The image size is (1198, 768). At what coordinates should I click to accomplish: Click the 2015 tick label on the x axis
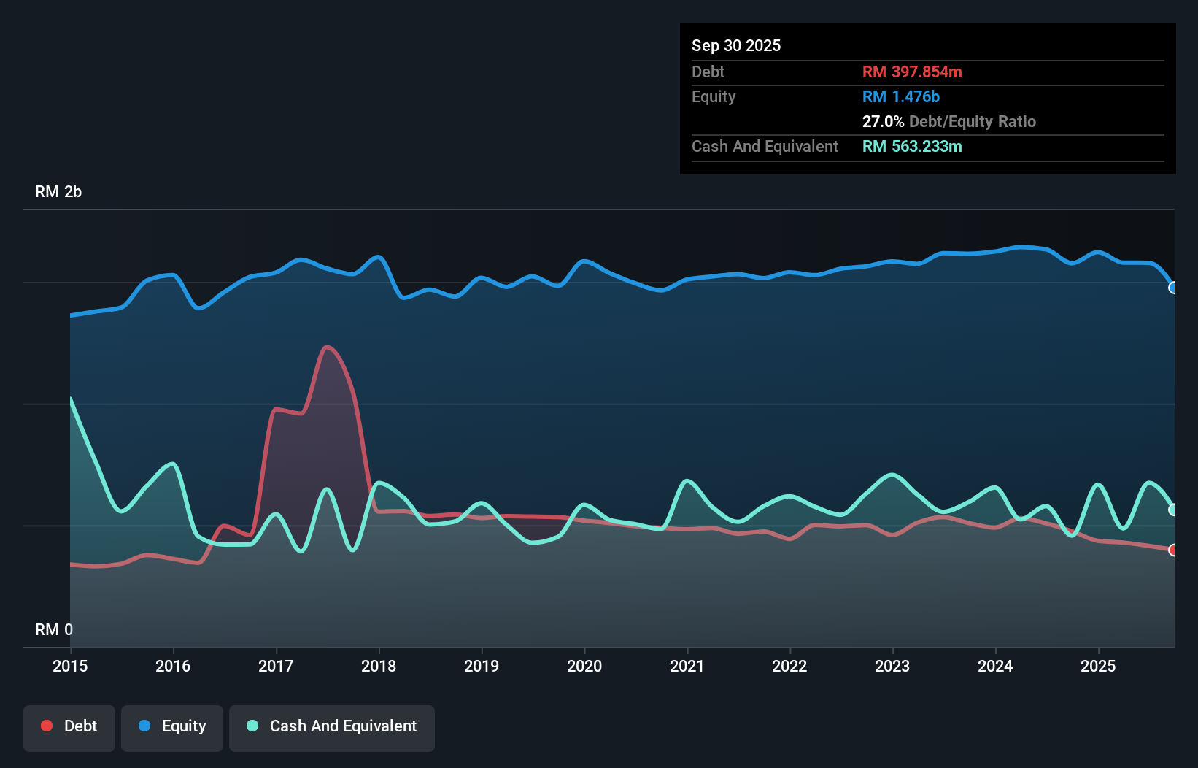point(70,666)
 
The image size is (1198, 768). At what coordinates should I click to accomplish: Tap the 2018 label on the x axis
point(379,666)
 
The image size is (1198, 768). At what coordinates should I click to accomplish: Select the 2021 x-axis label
point(687,666)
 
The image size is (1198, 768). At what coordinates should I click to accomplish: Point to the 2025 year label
point(1098,666)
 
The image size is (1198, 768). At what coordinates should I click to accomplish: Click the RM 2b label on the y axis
point(58,192)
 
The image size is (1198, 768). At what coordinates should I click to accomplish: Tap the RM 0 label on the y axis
point(54,629)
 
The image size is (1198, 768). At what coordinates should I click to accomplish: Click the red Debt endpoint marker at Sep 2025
point(1172,550)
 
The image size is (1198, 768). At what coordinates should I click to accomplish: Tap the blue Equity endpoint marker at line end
point(1172,288)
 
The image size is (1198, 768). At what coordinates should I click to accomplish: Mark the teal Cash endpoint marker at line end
point(1172,510)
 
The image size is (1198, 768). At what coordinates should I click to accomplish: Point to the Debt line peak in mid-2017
point(326,347)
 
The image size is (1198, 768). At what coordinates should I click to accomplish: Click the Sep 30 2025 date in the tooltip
point(735,45)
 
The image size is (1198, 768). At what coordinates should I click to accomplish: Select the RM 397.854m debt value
point(912,72)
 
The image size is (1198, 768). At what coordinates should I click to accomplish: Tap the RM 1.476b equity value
point(900,96)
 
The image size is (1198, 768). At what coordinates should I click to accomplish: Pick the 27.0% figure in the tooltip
point(883,121)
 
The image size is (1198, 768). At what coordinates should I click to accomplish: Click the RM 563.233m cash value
point(912,146)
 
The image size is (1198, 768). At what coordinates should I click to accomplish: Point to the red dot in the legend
point(47,726)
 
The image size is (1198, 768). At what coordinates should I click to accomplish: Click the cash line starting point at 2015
point(71,399)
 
